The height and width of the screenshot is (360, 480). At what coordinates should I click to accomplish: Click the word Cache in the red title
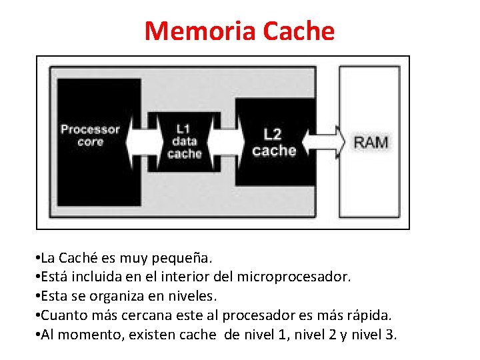299,31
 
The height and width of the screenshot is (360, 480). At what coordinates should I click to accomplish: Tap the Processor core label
91,135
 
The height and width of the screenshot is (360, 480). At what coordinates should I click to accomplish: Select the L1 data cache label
184,141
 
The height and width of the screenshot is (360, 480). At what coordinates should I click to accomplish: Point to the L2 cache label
274,142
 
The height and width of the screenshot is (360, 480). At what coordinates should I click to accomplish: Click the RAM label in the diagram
371,142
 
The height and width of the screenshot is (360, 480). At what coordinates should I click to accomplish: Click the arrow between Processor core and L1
145,141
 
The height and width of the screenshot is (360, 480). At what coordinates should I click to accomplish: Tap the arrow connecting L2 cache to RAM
324,142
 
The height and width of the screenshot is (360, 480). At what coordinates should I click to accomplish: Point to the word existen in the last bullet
151,334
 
